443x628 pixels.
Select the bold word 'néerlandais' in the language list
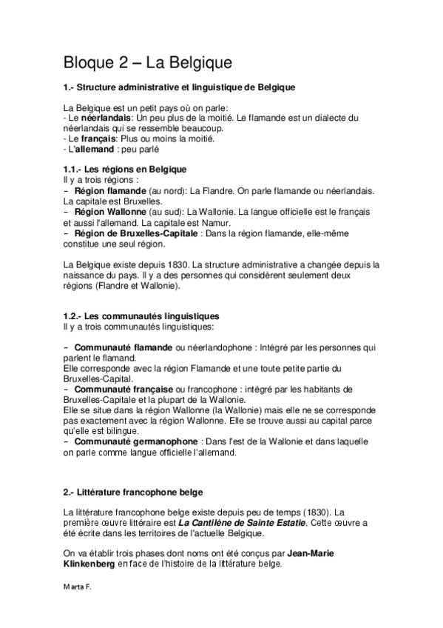[106, 118]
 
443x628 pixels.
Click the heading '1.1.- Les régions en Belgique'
[124, 170]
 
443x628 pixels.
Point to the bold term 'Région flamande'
[111, 190]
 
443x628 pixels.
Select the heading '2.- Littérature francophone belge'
[133, 491]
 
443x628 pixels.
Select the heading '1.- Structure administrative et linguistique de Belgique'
[180, 87]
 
